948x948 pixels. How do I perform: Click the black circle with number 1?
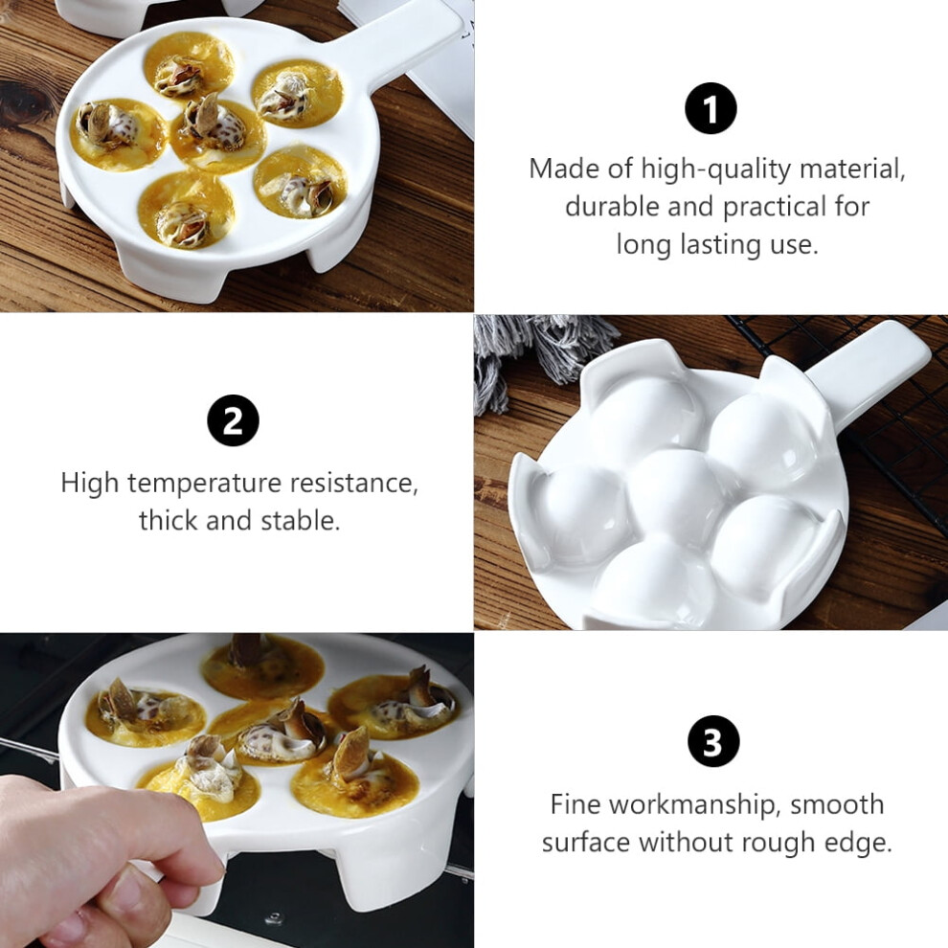click(711, 108)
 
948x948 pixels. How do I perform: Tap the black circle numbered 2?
click(233, 420)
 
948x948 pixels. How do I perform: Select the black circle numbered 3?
click(713, 740)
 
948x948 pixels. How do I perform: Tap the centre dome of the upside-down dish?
click(676, 493)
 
